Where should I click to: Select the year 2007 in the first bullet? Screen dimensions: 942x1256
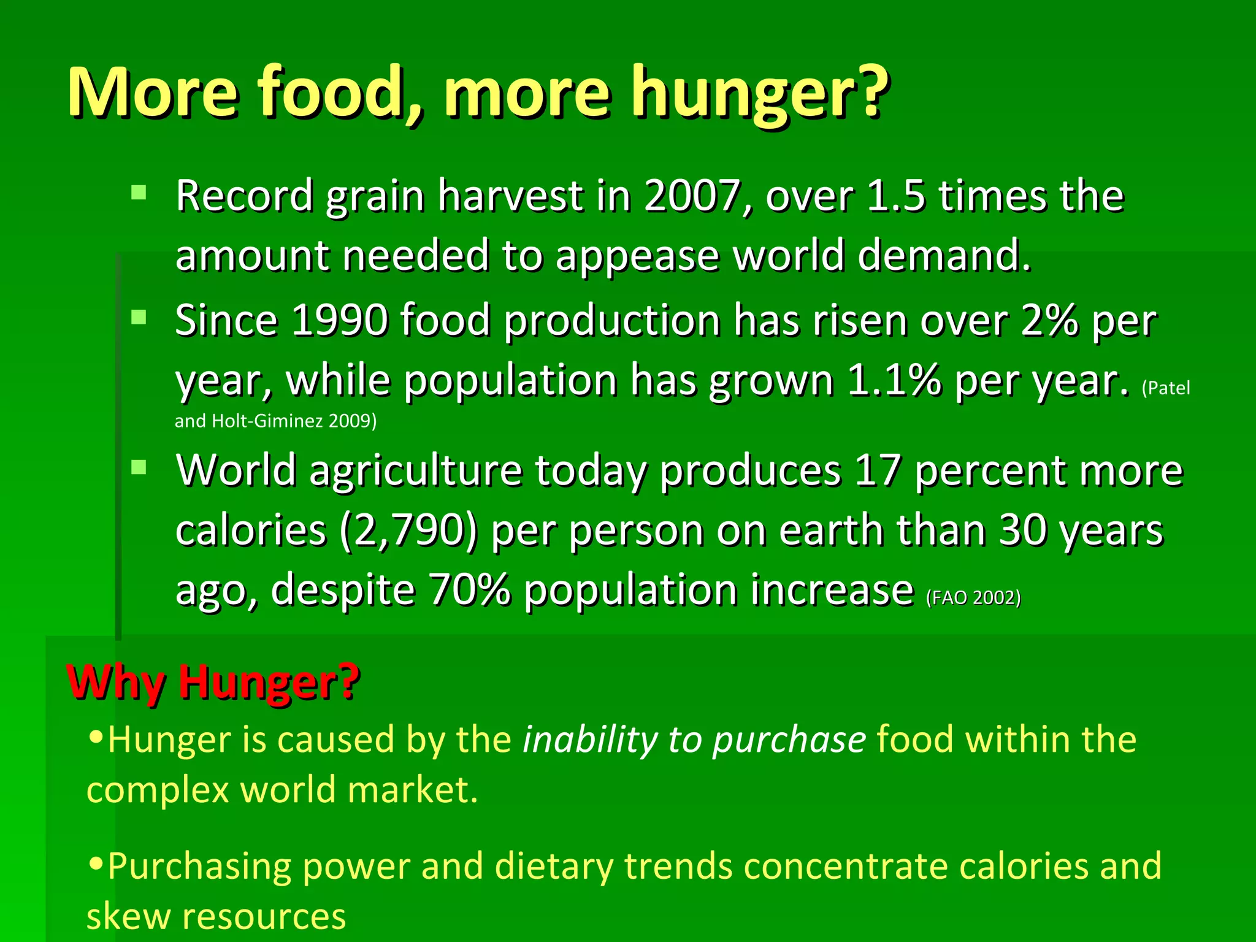[692, 196]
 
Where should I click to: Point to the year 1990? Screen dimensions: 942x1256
[339, 321]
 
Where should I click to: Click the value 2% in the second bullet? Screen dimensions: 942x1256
[1049, 321]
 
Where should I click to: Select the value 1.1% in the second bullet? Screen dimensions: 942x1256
[893, 381]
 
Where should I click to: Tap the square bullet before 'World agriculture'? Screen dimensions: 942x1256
[139, 468]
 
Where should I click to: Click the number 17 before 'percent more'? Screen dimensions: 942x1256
[877, 471]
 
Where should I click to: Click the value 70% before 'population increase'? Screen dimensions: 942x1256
[469, 590]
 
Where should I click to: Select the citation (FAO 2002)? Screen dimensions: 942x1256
[973, 597]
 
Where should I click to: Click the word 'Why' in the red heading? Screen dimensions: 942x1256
[115, 682]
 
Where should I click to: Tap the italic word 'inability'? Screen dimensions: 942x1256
[589, 739]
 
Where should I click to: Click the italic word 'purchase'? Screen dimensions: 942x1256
[789, 740]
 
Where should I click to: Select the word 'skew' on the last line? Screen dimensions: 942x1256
[128, 916]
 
